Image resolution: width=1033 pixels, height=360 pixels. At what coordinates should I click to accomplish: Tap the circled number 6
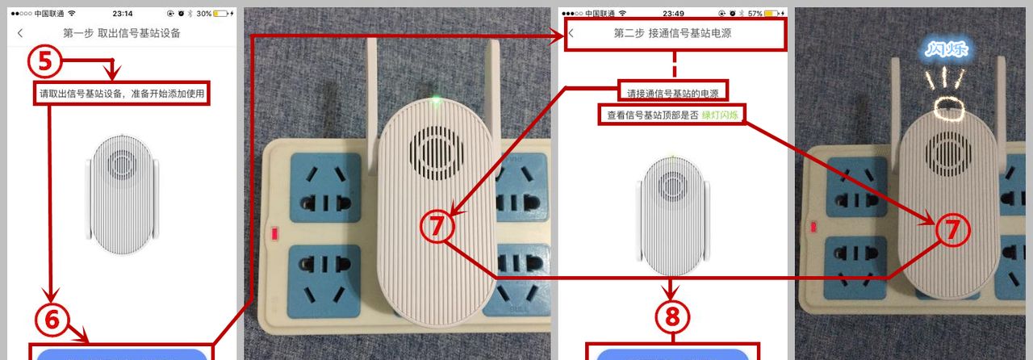point(52,320)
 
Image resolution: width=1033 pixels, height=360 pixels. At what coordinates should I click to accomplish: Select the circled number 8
point(672,316)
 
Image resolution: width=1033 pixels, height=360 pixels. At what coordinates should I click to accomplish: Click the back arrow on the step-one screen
point(20,33)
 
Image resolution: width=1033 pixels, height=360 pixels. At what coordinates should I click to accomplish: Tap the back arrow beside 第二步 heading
point(571,33)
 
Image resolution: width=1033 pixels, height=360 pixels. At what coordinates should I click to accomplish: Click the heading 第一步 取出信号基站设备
point(122,33)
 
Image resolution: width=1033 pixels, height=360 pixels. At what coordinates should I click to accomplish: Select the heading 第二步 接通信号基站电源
point(672,33)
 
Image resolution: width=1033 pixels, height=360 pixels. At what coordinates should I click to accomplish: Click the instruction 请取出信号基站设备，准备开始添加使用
point(122,94)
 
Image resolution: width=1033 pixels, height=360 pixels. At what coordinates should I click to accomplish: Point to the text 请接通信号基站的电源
point(673,94)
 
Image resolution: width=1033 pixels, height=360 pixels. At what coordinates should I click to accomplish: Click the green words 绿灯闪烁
point(720,115)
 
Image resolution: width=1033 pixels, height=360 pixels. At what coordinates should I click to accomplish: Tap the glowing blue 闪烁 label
point(947,49)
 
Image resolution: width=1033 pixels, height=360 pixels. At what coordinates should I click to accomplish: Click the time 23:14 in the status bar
point(122,14)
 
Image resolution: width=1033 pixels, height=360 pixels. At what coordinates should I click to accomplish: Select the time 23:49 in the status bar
point(673,14)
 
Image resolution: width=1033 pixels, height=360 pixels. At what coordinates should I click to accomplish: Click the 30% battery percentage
point(204,14)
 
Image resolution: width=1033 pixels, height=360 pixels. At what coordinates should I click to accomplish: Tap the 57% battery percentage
point(755,14)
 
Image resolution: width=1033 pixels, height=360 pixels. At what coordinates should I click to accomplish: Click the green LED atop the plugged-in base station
point(435,99)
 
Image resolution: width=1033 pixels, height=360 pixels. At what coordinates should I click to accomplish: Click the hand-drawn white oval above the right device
point(949,108)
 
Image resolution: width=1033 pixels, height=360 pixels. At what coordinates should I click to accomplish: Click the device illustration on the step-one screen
point(122,195)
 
